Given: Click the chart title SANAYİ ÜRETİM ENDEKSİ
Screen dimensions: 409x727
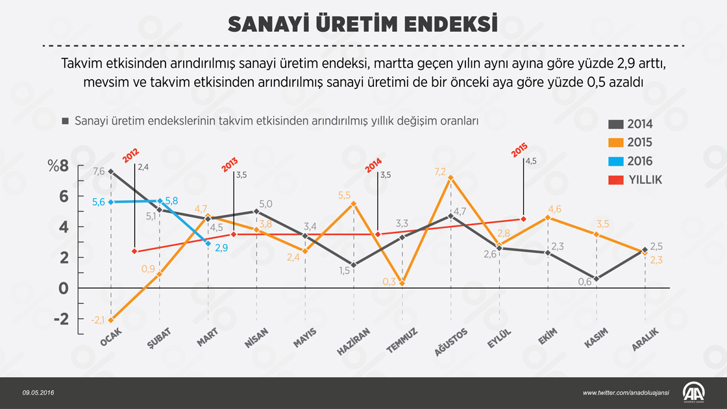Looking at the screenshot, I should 363,23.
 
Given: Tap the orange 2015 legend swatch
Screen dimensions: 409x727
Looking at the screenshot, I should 616,143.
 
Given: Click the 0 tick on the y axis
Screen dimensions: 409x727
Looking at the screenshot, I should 63,288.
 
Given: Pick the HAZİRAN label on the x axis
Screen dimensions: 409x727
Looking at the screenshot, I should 354,343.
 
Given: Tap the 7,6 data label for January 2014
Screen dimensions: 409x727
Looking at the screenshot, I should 99,171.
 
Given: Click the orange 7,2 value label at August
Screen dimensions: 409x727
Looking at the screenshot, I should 440,171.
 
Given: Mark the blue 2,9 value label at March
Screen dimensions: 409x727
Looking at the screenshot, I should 221,247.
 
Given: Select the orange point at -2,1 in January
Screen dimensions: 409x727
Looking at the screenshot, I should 111,320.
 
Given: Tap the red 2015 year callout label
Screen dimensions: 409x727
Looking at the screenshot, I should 518,151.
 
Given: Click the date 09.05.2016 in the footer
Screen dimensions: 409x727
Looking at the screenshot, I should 37,393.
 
